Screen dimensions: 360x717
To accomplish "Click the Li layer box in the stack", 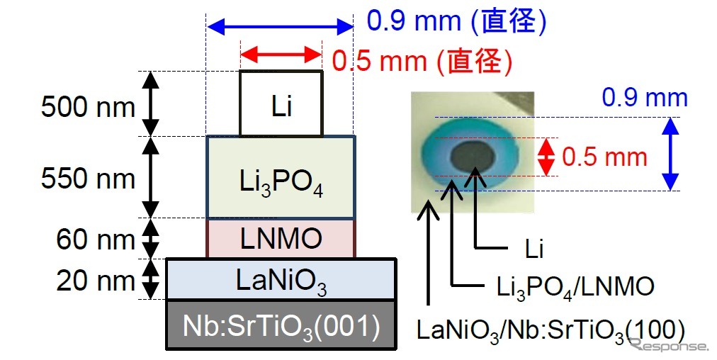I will (x=281, y=103).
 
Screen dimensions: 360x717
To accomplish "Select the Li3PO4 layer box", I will (x=281, y=177).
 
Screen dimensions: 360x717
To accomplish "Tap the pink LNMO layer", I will (x=281, y=239).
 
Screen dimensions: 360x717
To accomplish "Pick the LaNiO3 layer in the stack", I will (x=281, y=279).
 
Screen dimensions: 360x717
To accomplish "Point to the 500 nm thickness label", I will (x=87, y=108).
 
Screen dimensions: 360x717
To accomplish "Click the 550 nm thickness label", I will (x=87, y=179).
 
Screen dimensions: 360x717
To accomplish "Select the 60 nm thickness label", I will (x=95, y=240).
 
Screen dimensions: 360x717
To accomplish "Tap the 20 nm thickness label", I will (x=95, y=281).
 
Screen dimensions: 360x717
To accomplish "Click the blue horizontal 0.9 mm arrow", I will (x=279, y=28).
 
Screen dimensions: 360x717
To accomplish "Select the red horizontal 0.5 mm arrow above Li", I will (x=281, y=54).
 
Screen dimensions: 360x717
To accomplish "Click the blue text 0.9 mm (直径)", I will (x=456, y=21).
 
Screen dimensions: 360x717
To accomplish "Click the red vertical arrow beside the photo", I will (x=546, y=157).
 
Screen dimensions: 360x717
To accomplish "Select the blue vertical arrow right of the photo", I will (x=670, y=154).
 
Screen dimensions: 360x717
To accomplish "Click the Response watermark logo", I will (x=669, y=345).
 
